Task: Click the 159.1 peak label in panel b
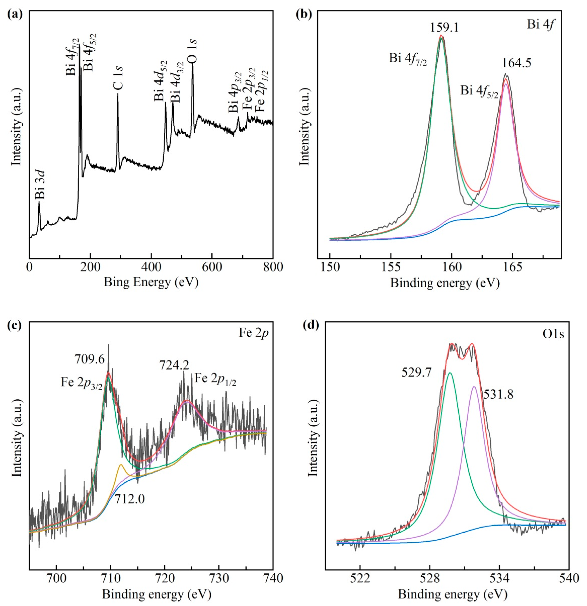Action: click(x=444, y=28)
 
